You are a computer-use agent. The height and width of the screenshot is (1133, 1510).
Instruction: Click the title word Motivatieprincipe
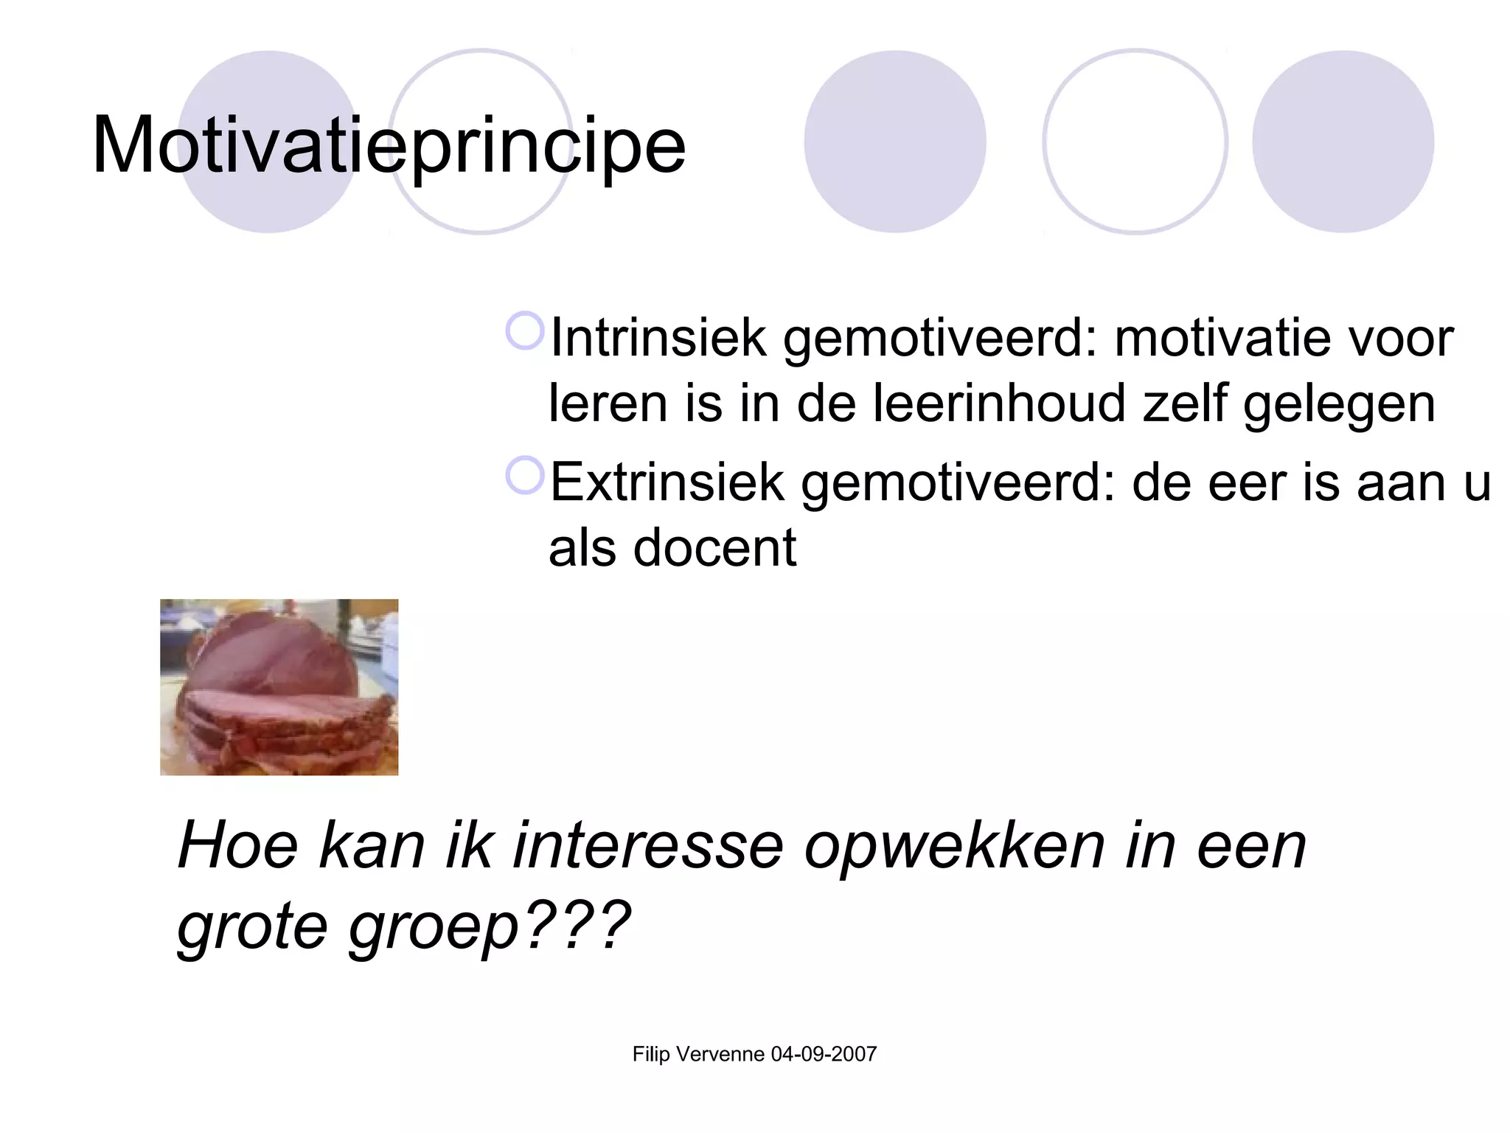(x=389, y=145)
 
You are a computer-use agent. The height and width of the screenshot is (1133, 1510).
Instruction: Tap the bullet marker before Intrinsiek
(x=524, y=331)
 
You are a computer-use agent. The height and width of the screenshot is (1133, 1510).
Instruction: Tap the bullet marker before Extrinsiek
(x=524, y=476)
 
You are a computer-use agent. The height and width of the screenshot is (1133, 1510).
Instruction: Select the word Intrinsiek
(x=658, y=338)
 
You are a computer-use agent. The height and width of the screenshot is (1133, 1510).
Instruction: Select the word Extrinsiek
(x=667, y=482)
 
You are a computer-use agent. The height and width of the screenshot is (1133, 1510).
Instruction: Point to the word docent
(x=714, y=548)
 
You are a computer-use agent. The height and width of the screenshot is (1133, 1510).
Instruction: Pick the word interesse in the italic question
(x=648, y=846)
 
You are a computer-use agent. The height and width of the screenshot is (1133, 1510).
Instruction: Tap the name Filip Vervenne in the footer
(x=698, y=1054)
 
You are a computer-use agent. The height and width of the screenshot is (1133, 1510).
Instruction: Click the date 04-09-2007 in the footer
(x=824, y=1054)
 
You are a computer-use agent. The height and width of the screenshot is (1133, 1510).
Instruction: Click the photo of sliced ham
(x=279, y=687)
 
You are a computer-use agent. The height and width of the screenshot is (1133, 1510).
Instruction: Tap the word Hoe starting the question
(x=237, y=846)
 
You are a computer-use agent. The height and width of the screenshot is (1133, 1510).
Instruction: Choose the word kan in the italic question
(x=371, y=846)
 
